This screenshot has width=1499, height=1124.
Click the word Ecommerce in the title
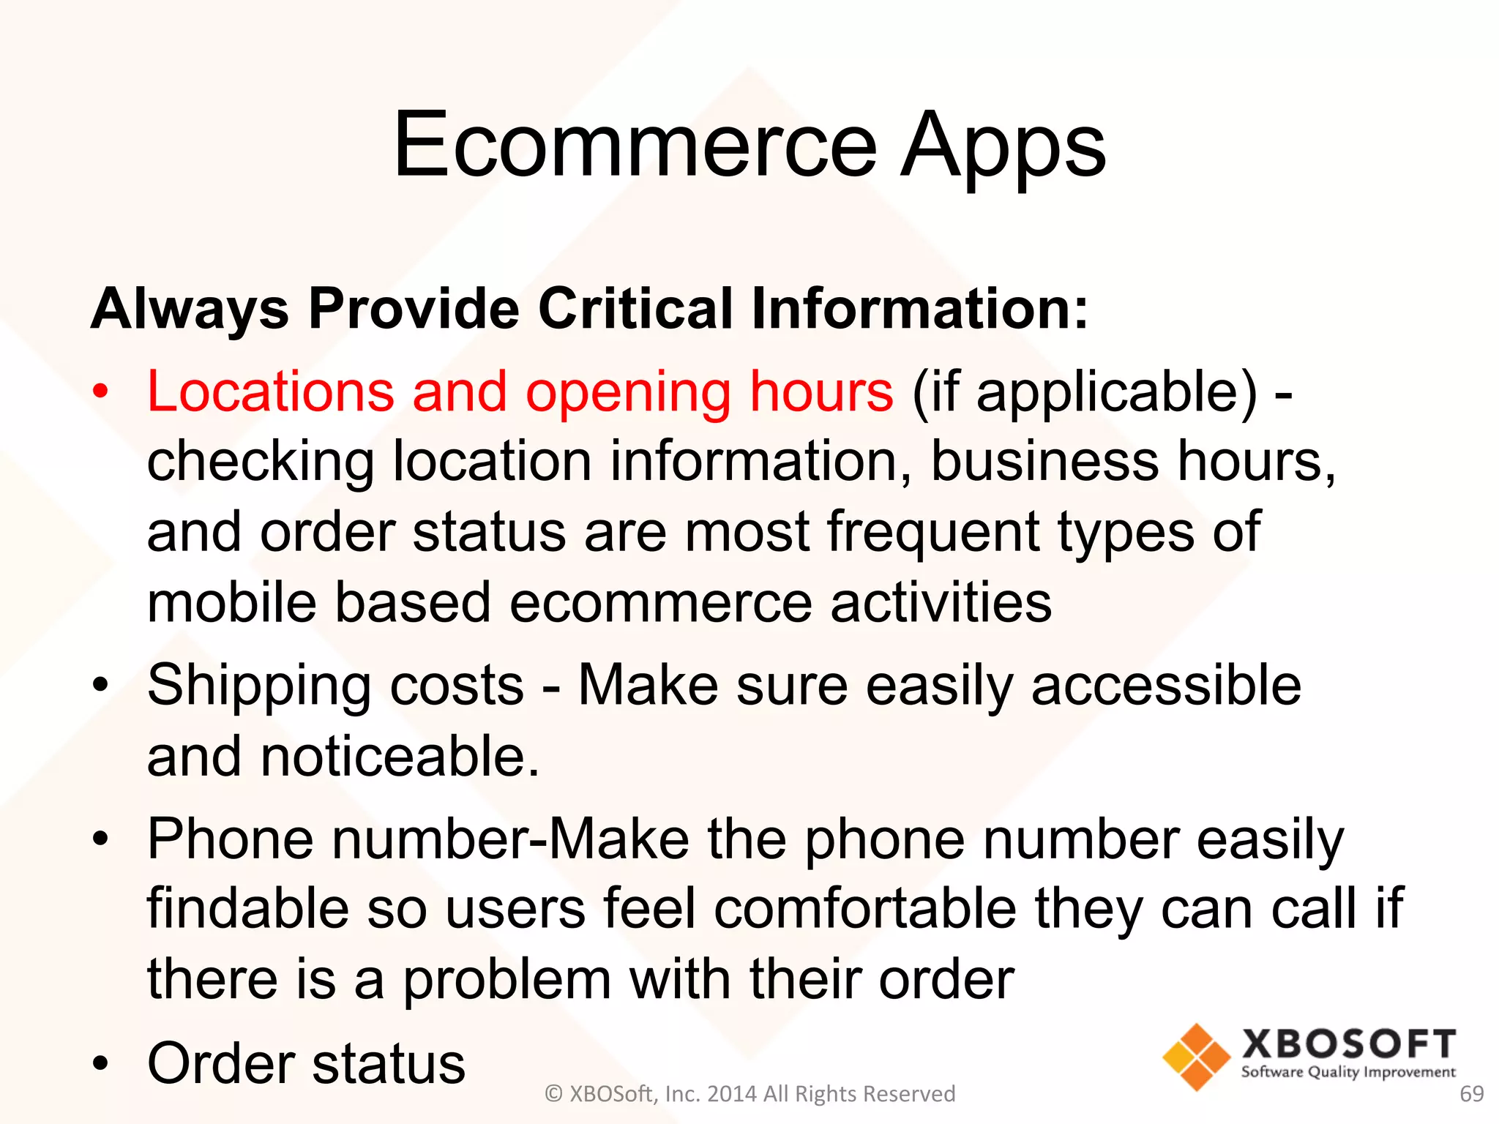[x=634, y=144]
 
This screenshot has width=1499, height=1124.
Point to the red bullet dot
[x=100, y=391]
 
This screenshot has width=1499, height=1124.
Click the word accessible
[x=1166, y=685]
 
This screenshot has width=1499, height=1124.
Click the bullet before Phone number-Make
[x=100, y=839]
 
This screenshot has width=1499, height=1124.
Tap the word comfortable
[x=865, y=909]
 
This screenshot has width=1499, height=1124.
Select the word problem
[x=507, y=980]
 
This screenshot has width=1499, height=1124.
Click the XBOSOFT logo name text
[x=1348, y=1044]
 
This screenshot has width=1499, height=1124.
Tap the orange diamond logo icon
[x=1197, y=1057]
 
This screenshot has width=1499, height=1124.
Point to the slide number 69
[x=1471, y=1094]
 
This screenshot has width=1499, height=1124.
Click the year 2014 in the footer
[x=733, y=1094]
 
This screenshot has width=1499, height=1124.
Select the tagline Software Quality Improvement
[x=1348, y=1073]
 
